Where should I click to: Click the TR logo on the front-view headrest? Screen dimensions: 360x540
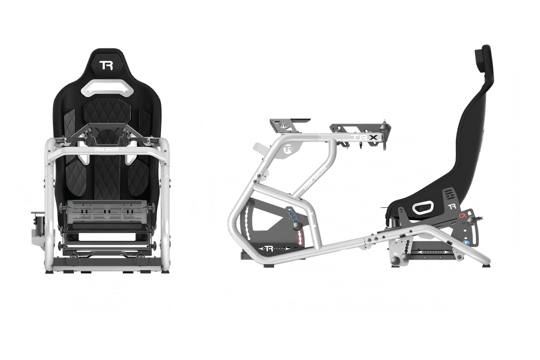(x=105, y=65)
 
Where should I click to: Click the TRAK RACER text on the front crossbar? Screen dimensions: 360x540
(x=105, y=148)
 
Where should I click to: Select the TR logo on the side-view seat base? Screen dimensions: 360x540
(x=452, y=206)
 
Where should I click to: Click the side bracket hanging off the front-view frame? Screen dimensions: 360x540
(x=37, y=230)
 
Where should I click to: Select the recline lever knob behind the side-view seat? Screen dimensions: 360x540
(x=483, y=218)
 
